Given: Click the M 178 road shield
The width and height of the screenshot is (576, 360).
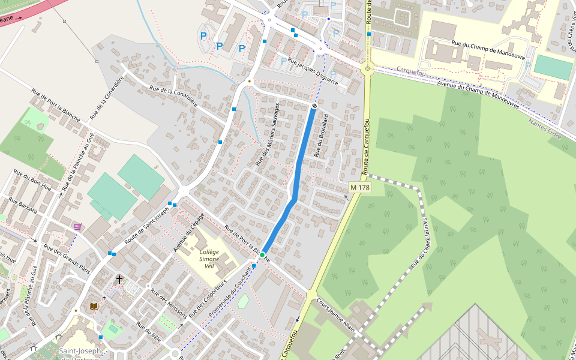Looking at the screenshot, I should [x=360, y=188].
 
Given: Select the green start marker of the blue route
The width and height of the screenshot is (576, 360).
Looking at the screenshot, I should [x=262, y=256].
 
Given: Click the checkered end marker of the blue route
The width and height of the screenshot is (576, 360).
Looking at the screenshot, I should [x=314, y=106].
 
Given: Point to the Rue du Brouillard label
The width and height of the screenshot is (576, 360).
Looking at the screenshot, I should [x=321, y=135].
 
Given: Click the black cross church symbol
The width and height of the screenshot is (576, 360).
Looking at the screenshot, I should [x=119, y=280].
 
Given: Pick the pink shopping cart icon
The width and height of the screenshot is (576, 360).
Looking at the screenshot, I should [x=77, y=226].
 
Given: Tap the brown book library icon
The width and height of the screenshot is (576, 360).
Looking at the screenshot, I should [x=94, y=306].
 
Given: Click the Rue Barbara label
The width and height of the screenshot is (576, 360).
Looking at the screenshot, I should [x=22, y=208].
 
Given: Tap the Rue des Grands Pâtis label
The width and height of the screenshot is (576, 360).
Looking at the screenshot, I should [x=67, y=258].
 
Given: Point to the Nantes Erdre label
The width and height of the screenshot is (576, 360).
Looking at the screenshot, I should [x=545, y=129].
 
